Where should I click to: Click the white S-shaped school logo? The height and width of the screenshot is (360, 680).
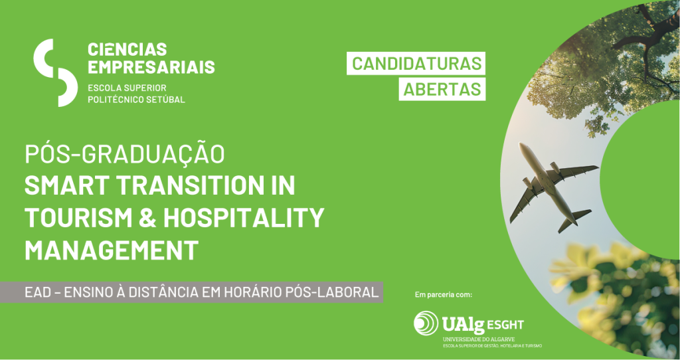pos(56,72)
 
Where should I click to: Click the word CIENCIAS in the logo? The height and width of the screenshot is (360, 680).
pos(127,49)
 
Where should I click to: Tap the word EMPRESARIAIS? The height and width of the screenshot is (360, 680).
pos(151,67)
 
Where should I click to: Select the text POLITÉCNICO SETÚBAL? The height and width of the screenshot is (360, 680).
pos(136,100)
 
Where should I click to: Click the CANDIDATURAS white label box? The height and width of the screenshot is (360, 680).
pos(416,63)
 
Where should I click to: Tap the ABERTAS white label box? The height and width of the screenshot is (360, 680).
pos(442,89)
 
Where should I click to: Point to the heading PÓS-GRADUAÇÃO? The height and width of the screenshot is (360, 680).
pos(125,154)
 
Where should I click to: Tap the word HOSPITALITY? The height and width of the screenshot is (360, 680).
pos(244,218)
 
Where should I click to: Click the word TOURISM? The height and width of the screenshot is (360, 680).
pos(78,218)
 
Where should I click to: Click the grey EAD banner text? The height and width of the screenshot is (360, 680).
pos(202,292)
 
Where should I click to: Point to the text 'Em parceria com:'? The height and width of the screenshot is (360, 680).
pos(443,295)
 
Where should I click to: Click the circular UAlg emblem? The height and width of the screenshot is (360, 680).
pos(426,323)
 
